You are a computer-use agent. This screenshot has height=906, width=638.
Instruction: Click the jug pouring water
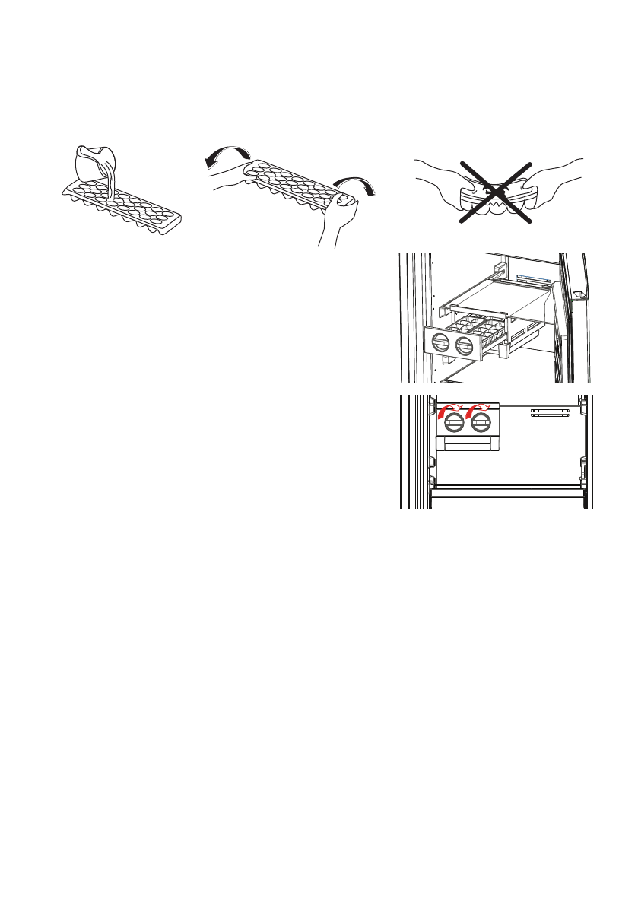pos(94,161)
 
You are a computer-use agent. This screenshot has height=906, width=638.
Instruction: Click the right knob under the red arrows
pos(479,422)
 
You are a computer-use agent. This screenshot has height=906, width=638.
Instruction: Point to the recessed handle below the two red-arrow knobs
pos(466,443)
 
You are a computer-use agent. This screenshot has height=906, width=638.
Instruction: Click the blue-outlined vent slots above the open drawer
pos(532,278)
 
